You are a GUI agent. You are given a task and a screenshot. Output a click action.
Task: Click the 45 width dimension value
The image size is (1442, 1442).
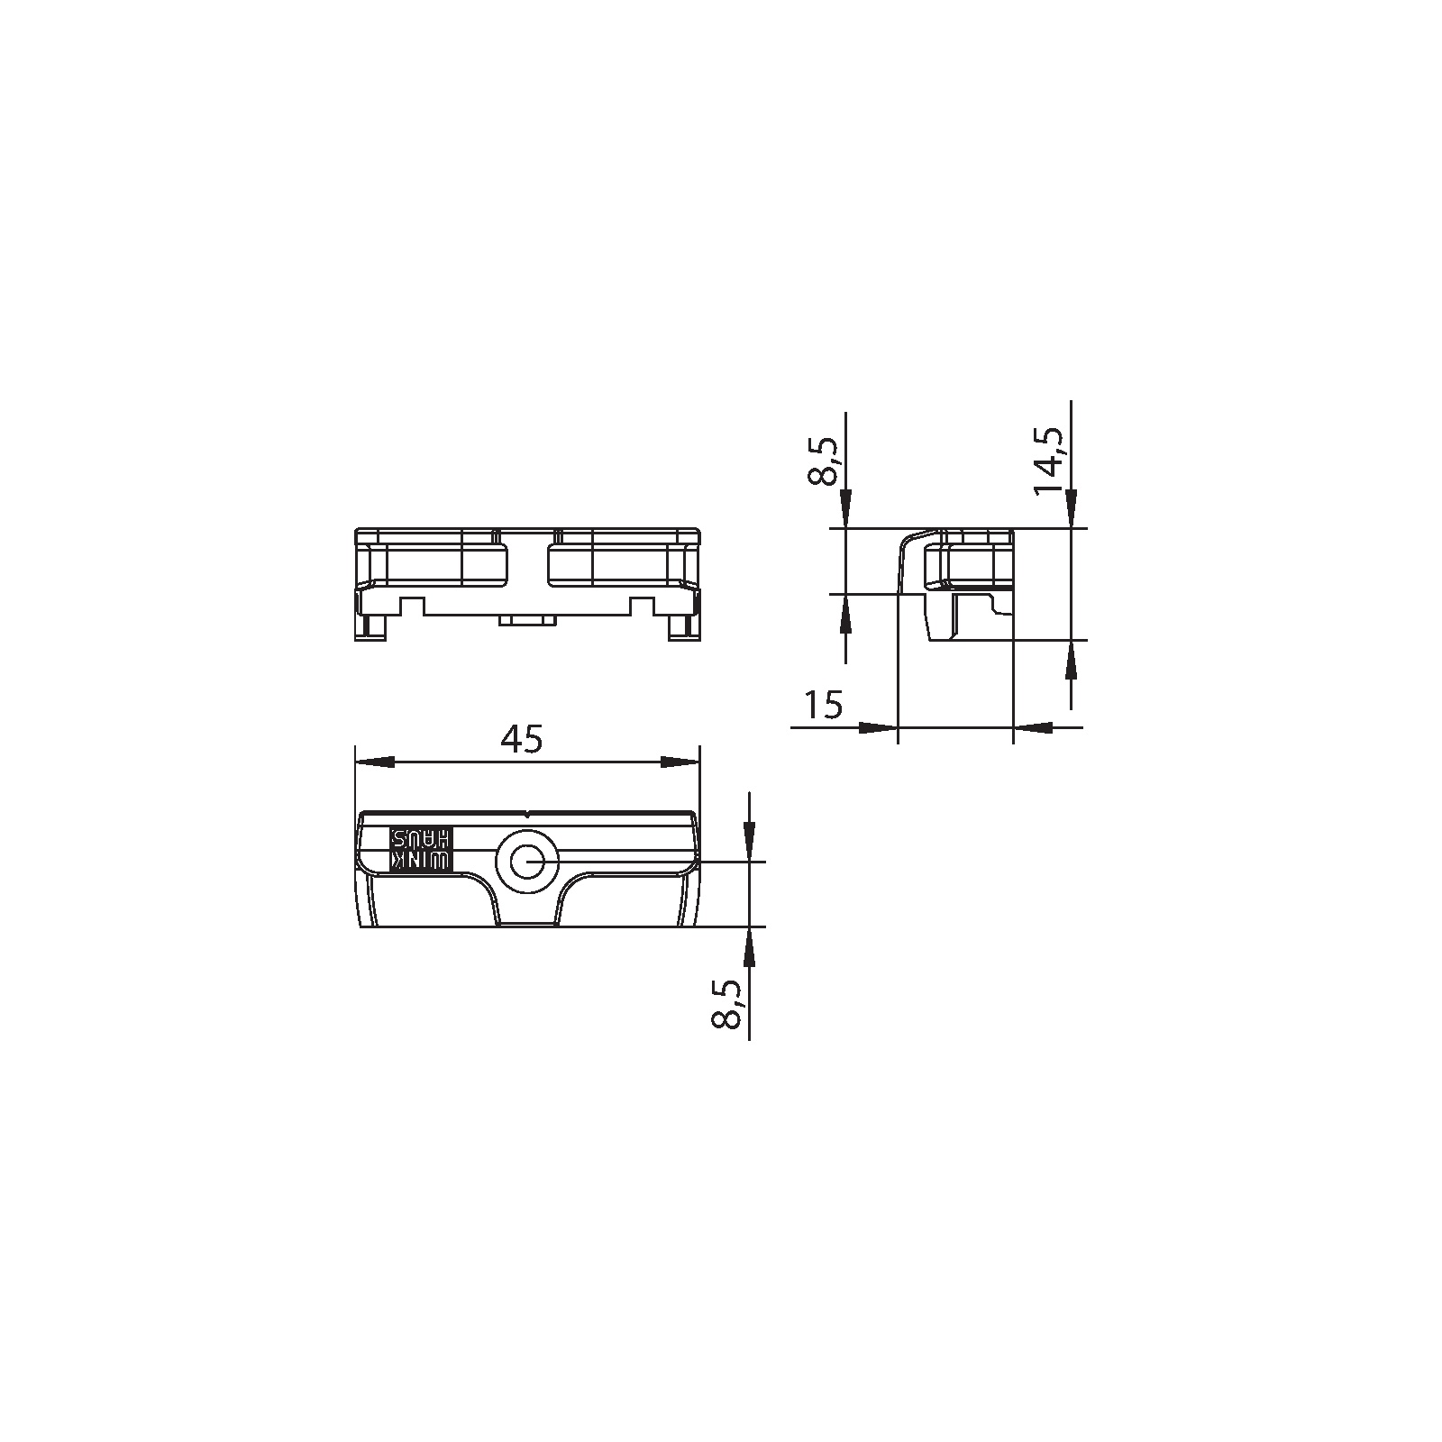point(523,739)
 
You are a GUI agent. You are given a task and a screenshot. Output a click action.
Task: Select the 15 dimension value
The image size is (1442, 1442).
point(823,704)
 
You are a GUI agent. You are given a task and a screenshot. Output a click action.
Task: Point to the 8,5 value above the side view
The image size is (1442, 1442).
point(823,462)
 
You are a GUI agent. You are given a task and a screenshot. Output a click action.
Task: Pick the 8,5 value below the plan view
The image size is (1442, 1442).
point(726,1003)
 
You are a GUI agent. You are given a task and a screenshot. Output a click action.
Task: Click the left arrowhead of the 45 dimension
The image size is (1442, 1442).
point(375,762)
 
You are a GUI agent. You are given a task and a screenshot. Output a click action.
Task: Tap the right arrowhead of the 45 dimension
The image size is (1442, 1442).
point(680,762)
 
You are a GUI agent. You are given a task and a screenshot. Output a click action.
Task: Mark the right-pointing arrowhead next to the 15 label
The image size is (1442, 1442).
point(879,727)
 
